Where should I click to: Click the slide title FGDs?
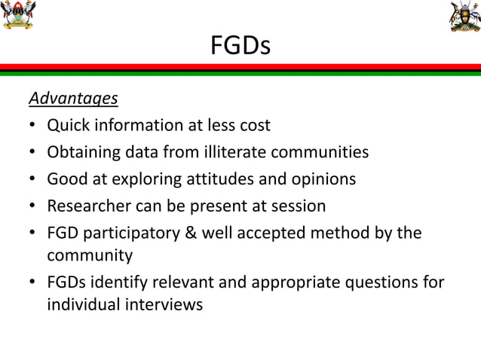[240, 47]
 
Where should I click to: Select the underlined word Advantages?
[73, 98]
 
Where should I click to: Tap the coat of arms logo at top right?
[464, 16]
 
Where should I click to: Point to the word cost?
[253, 125]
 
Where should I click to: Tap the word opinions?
[322, 179]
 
